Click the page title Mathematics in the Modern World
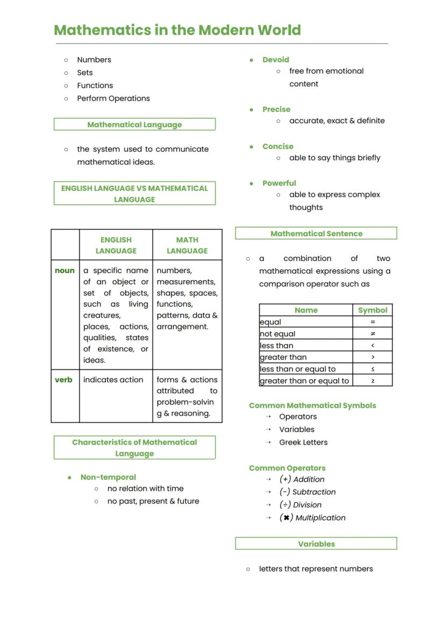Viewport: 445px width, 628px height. coord(177,30)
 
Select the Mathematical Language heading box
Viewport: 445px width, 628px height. coord(134,125)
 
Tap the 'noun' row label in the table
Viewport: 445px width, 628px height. coord(64,271)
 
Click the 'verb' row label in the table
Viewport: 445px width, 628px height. coord(63,380)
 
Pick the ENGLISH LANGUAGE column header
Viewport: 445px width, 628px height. coord(116,246)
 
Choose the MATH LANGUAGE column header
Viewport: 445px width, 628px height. coord(187,246)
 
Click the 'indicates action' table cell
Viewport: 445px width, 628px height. coord(113,380)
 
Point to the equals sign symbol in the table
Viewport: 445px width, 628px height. coord(373,322)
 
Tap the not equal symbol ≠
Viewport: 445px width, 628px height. coord(373,334)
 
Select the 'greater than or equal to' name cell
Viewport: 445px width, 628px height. coord(305,381)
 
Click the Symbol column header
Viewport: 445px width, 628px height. coord(372,311)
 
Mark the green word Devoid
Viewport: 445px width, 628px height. coord(276,60)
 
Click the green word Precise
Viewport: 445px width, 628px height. coord(276,110)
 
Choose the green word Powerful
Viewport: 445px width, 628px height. coord(279,183)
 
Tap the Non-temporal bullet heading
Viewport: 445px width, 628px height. coord(108,477)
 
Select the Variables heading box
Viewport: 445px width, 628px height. coord(316,544)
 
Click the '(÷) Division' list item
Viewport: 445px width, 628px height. coord(300,505)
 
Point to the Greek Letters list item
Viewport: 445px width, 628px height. coord(303,443)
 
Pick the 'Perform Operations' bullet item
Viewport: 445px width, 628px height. coord(113,99)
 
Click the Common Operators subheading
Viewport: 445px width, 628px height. coord(287,468)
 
